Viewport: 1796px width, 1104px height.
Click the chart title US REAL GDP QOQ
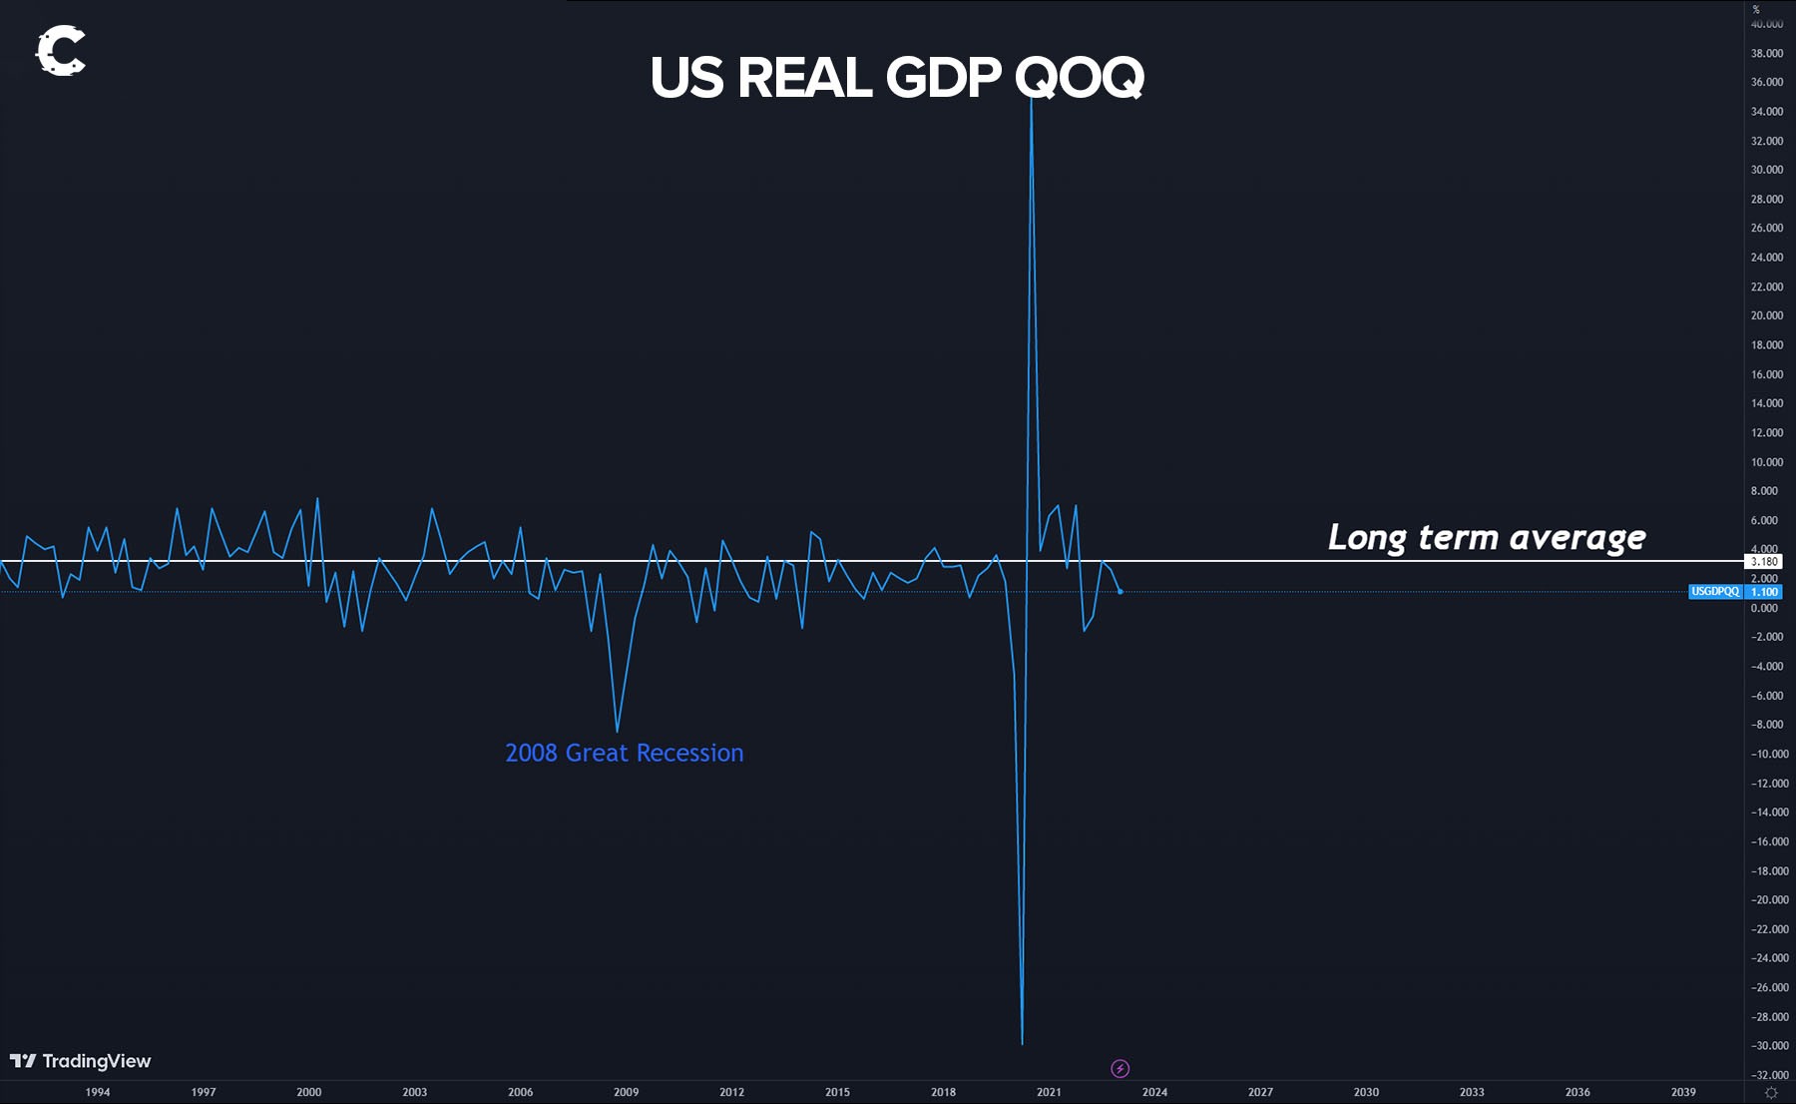click(x=896, y=78)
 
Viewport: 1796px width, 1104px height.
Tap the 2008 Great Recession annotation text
click(x=624, y=753)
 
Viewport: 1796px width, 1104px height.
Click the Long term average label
click(x=1486, y=537)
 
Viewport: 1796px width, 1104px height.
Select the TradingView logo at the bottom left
click(x=80, y=1061)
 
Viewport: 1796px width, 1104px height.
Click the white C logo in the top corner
click(x=61, y=51)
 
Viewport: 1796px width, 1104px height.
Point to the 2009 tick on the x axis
click(x=626, y=1092)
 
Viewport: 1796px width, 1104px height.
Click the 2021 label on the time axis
click(x=1049, y=1092)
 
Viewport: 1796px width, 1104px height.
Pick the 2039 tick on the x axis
click(x=1683, y=1092)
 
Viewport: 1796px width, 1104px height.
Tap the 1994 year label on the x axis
click(x=98, y=1092)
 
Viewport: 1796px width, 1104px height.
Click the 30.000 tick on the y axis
click(x=1767, y=170)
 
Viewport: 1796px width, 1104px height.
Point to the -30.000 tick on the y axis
click(x=1769, y=1046)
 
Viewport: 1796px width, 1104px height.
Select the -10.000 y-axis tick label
click(x=1769, y=754)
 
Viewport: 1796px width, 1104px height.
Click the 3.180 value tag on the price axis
click(x=1764, y=561)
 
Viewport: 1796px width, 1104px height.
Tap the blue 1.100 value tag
click(x=1764, y=592)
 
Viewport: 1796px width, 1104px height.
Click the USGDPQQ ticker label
click(x=1715, y=592)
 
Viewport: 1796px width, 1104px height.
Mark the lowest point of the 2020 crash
click(x=1022, y=1043)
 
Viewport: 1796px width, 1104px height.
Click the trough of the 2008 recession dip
click(x=617, y=731)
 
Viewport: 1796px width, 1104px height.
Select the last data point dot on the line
click(x=1121, y=592)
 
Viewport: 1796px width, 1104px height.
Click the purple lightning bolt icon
click(x=1120, y=1069)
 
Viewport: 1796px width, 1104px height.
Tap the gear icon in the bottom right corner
click(x=1771, y=1093)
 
